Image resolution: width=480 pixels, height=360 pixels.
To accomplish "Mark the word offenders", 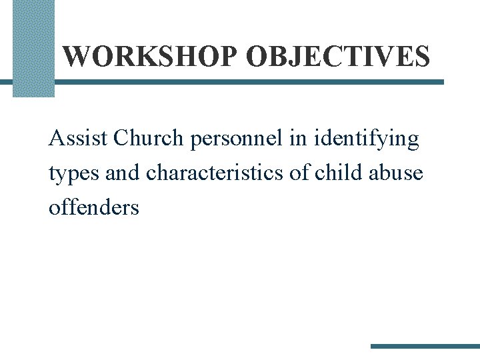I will coord(94,207).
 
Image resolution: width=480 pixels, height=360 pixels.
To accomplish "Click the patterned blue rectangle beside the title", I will coord(33,48).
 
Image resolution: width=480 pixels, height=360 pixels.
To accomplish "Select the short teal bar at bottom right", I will coord(425,346).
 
